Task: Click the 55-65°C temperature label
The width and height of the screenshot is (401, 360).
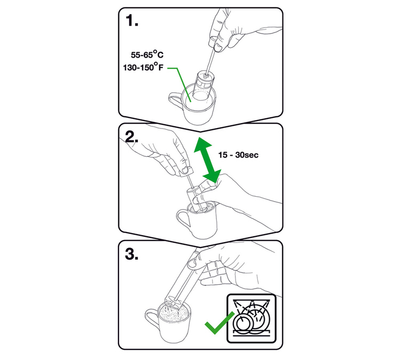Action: tap(147, 54)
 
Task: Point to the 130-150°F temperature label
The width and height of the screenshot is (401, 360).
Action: tap(143, 67)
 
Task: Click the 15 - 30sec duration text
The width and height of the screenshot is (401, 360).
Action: tap(238, 155)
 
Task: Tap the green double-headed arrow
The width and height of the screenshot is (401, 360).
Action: tap(207, 159)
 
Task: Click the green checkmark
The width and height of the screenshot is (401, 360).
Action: tap(219, 323)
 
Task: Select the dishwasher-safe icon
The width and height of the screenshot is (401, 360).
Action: tap(251, 318)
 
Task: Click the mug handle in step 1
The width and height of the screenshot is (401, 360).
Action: tap(176, 99)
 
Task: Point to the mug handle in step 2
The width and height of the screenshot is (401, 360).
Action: tap(183, 220)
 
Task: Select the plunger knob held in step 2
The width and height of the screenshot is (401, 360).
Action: tap(186, 171)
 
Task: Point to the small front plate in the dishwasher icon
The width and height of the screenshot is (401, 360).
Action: tap(242, 323)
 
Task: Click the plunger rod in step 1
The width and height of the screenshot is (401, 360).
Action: tap(210, 61)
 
